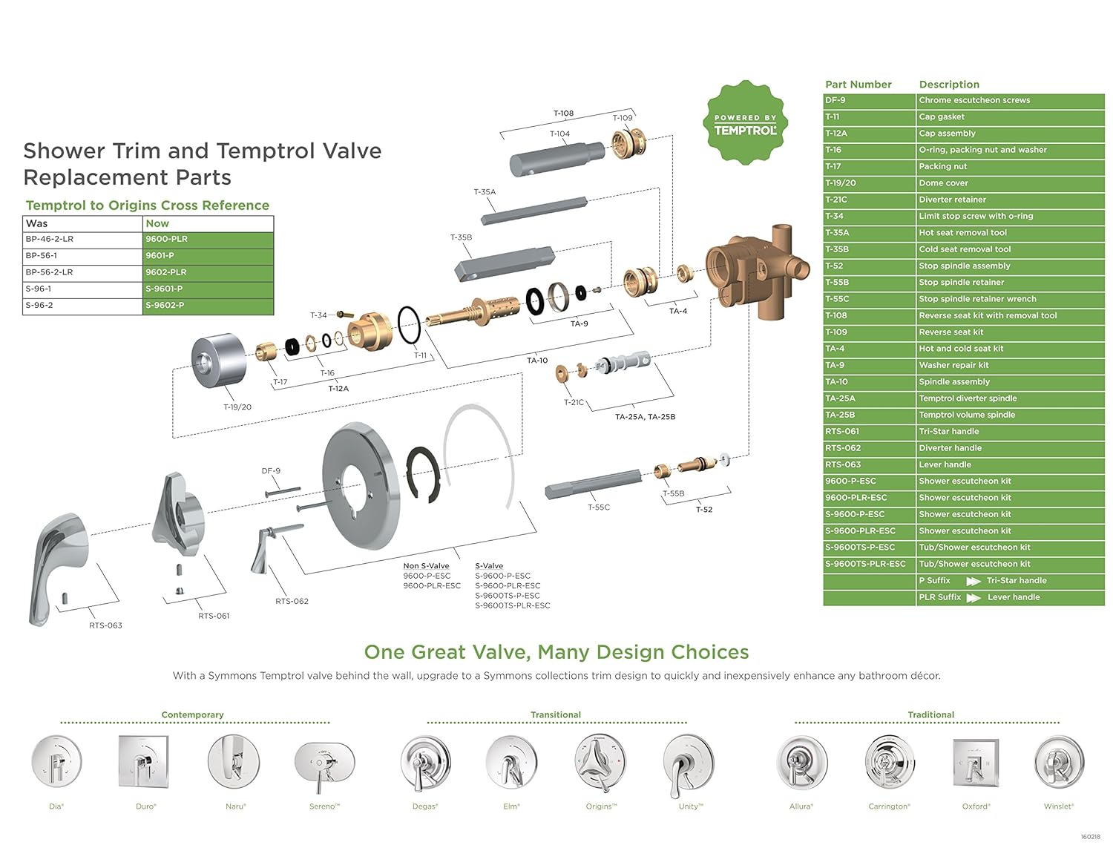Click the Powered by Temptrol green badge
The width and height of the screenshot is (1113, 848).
pyautogui.click(x=744, y=123)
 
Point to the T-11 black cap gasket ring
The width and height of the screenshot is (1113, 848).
pyautogui.click(x=409, y=325)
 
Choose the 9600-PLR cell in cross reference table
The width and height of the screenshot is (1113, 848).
pyautogui.click(x=208, y=240)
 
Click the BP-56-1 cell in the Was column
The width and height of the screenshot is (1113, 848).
pyautogui.click(x=82, y=256)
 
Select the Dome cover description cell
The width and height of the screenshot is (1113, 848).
pyautogui.click(x=1010, y=183)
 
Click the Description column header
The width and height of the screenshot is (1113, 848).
pyautogui.click(x=949, y=85)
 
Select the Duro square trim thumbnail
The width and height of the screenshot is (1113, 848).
pyautogui.click(x=144, y=762)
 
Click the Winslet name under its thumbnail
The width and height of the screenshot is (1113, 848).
pyautogui.click(x=1058, y=806)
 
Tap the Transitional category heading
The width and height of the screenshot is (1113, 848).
pyautogui.click(x=556, y=715)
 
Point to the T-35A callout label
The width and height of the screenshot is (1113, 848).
pyautogui.click(x=485, y=192)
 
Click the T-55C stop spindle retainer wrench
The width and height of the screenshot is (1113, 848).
pyautogui.click(x=594, y=483)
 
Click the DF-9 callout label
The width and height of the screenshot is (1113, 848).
pyautogui.click(x=271, y=471)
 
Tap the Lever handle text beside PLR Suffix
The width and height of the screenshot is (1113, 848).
pyautogui.click(x=1014, y=597)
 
